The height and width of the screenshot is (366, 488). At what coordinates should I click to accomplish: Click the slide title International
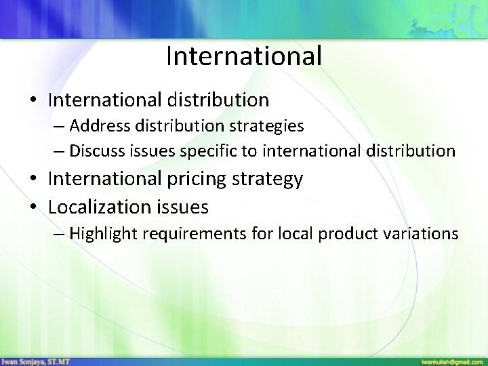click(x=243, y=56)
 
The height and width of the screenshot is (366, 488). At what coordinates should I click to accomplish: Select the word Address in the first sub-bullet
click(x=94, y=126)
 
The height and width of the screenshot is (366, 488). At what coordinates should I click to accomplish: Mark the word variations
click(x=420, y=234)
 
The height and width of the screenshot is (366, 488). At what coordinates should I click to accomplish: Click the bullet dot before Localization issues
click(x=34, y=206)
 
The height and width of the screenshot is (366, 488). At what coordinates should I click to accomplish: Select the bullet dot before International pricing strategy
click(x=34, y=180)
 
